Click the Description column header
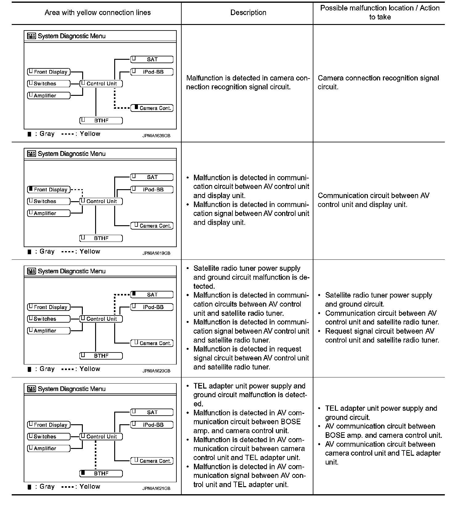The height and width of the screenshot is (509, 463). (x=248, y=13)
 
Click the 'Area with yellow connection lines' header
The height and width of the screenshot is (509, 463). (x=98, y=13)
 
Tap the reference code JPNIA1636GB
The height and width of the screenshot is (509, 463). (x=156, y=136)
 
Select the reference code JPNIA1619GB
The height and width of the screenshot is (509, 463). (x=156, y=253)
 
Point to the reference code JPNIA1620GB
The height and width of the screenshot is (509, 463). (x=156, y=371)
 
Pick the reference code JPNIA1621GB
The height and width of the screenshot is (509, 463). (x=156, y=488)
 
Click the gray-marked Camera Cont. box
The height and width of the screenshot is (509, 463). (x=152, y=108)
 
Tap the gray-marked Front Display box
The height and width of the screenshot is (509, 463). (x=49, y=189)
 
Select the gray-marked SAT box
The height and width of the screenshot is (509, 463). (x=152, y=295)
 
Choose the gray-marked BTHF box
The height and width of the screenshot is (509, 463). (x=101, y=474)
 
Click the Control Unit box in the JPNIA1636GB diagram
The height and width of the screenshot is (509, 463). (x=101, y=83)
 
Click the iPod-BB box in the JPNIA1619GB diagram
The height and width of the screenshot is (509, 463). (x=152, y=189)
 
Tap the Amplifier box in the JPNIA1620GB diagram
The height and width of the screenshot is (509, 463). (x=49, y=331)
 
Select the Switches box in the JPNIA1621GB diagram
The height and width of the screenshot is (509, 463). (x=49, y=437)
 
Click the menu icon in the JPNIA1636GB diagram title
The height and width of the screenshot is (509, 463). (x=31, y=36)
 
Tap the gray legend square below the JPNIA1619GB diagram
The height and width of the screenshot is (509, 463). (x=30, y=252)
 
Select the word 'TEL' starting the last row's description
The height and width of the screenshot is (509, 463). (x=200, y=386)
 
